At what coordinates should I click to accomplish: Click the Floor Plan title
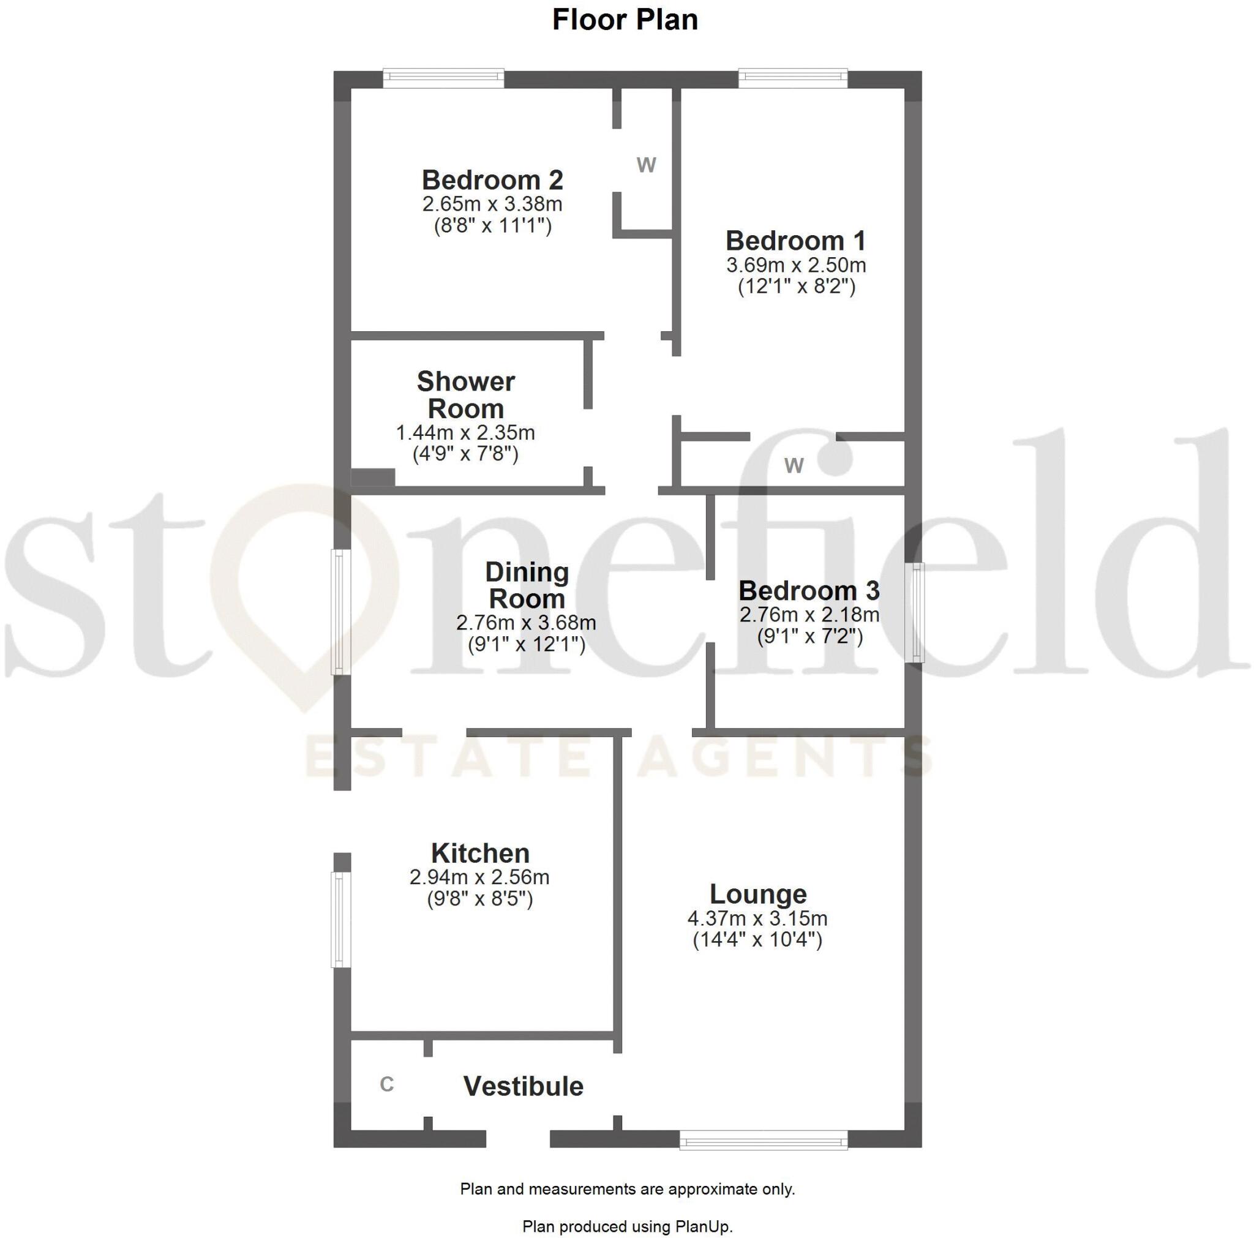click(625, 20)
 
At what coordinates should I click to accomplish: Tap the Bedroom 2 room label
click(492, 180)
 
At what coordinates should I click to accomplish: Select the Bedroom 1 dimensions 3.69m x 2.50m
click(796, 265)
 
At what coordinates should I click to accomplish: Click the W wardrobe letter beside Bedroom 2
click(646, 165)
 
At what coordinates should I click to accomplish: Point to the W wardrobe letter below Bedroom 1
click(794, 465)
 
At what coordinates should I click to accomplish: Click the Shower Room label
click(465, 395)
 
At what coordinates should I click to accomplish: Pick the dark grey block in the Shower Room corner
click(372, 477)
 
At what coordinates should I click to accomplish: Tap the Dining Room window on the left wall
click(341, 612)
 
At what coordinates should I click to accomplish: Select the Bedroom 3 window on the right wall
click(916, 612)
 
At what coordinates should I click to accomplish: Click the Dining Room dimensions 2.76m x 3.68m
click(526, 623)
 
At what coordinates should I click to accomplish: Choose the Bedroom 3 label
click(809, 591)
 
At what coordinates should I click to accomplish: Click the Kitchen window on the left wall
click(341, 919)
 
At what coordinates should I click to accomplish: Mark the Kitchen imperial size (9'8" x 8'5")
click(479, 899)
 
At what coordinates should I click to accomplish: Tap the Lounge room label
click(757, 894)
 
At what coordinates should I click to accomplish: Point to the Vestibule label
click(523, 1086)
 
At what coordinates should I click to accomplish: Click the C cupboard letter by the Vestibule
click(387, 1084)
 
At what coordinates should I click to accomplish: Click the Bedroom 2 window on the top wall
click(443, 78)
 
